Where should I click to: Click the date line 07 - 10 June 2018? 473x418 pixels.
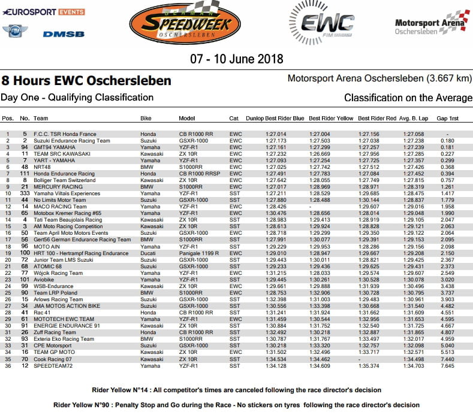tap(237, 59)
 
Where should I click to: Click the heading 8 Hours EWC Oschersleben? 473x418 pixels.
tap(86, 80)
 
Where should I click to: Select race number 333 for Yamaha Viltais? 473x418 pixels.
tap(25, 194)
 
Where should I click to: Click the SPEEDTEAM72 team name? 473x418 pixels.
tap(53, 365)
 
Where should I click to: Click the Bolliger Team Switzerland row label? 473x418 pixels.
tap(65, 179)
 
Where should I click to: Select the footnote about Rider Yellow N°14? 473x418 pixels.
tap(236, 390)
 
